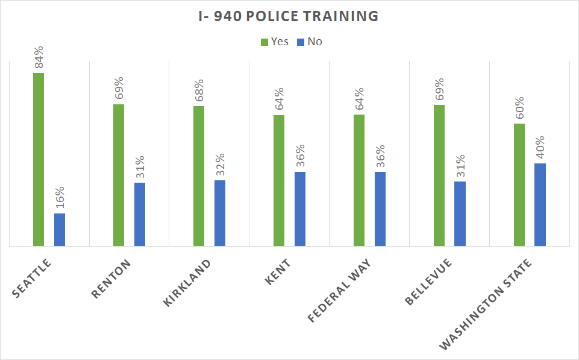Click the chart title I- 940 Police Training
(x=289, y=17)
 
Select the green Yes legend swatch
(x=264, y=42)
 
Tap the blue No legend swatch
(x=299, y=42)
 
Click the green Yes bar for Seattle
(x=39, y=160)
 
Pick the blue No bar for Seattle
(x=60, y=230)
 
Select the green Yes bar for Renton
(x=119, y=175)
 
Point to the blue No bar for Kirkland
(x=220, y=213)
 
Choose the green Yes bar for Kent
(x=279, y=180)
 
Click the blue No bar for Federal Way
(x=380, y=209)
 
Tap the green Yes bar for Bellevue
(x=439, y=175)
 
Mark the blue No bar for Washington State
(x=540, y=204)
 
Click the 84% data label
(x=39, y=58)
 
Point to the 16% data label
(x=60, y=198)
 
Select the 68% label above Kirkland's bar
(x=199, y=91)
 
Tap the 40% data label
(x=540, y=148)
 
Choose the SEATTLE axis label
(x=33, y=277)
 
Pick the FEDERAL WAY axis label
(x=339, y=290)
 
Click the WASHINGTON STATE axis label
(x=486, y=304)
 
